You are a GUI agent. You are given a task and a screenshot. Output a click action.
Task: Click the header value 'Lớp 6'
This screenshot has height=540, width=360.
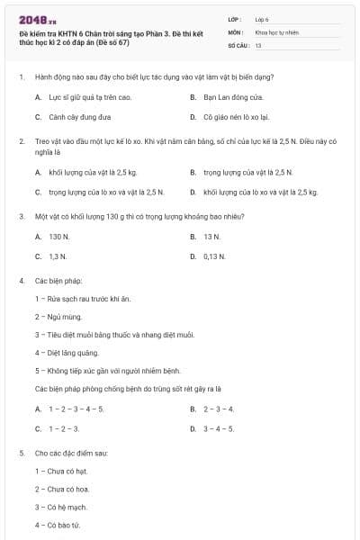[x=262, y=18]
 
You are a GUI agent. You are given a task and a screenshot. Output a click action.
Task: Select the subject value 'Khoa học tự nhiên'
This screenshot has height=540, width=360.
[x=276, y=31]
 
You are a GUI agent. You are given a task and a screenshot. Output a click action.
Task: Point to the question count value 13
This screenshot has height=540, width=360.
[x=258, y=45]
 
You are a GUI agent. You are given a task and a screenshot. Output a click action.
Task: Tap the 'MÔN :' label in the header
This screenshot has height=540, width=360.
[x=236, y=31]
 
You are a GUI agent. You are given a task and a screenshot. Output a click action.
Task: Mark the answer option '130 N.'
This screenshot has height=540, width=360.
[x=59, y=237]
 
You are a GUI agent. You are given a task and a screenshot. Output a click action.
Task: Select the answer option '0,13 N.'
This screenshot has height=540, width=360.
[x=214, y=256]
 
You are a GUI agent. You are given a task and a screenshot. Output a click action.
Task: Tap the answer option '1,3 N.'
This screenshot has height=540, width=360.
[x=58, y=256]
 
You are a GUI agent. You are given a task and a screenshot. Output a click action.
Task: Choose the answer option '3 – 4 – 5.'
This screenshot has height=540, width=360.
[x=219, y=428]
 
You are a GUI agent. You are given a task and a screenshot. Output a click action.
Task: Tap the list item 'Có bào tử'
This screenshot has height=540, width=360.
[x=58, y=525]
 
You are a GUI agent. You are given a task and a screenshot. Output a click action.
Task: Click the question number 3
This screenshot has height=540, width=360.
[x=22, y=217]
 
